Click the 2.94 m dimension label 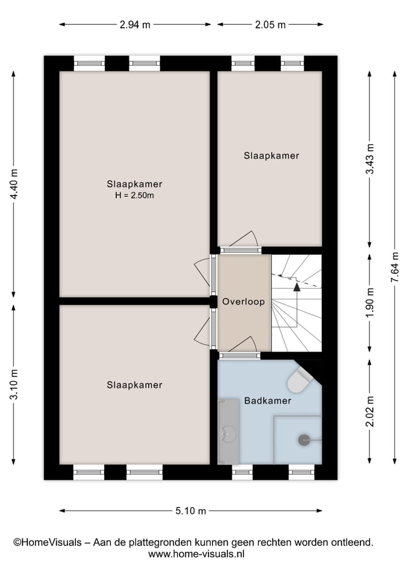click(135, 24)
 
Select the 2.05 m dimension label click(270, 24)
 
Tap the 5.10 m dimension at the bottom click(190, 511)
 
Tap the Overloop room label click(243, 302)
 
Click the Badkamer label click(267, 400)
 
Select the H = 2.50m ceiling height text click(134, 196)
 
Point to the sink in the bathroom click(228, 433)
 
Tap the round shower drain click(304, 440)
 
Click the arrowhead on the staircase click(296, 287)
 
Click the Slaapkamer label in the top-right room click(271, 155)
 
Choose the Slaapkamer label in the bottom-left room click(134, 385)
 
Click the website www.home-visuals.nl click(196, 554)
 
